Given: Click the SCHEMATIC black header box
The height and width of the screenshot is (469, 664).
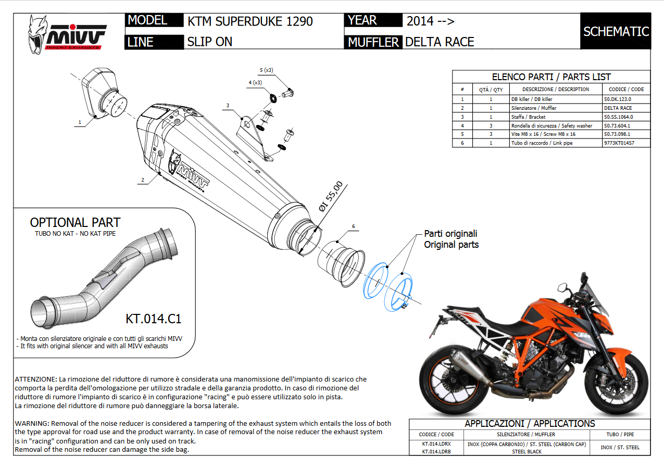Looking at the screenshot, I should pos(616,31).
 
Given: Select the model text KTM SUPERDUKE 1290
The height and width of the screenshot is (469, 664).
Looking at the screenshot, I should pos(250,21).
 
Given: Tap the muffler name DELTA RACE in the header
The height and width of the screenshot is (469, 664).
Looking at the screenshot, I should pos(440,42).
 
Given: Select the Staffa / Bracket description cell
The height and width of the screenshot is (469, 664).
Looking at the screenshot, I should pos(528,117).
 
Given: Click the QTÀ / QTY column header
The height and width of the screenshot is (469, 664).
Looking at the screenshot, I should pos(491,90).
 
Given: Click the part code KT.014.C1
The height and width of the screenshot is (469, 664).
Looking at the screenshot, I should pos(153,319).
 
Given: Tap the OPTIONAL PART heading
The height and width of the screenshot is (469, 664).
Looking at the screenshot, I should pos(75,223).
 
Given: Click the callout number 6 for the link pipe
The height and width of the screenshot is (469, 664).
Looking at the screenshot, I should pos(353,226).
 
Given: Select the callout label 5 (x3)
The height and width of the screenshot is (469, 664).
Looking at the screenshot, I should pos(266,70).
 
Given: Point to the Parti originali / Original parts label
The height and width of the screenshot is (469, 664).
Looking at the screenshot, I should pos(450,239).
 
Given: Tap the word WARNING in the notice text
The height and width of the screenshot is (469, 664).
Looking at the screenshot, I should pos(32,423).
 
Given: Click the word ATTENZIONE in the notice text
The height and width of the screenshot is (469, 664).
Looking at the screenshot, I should pos(36,379).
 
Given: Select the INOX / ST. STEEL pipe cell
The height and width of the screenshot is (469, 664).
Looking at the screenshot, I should pos(620,447).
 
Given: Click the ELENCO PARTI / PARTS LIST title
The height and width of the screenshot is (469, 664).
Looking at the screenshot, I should pos(551,77).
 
